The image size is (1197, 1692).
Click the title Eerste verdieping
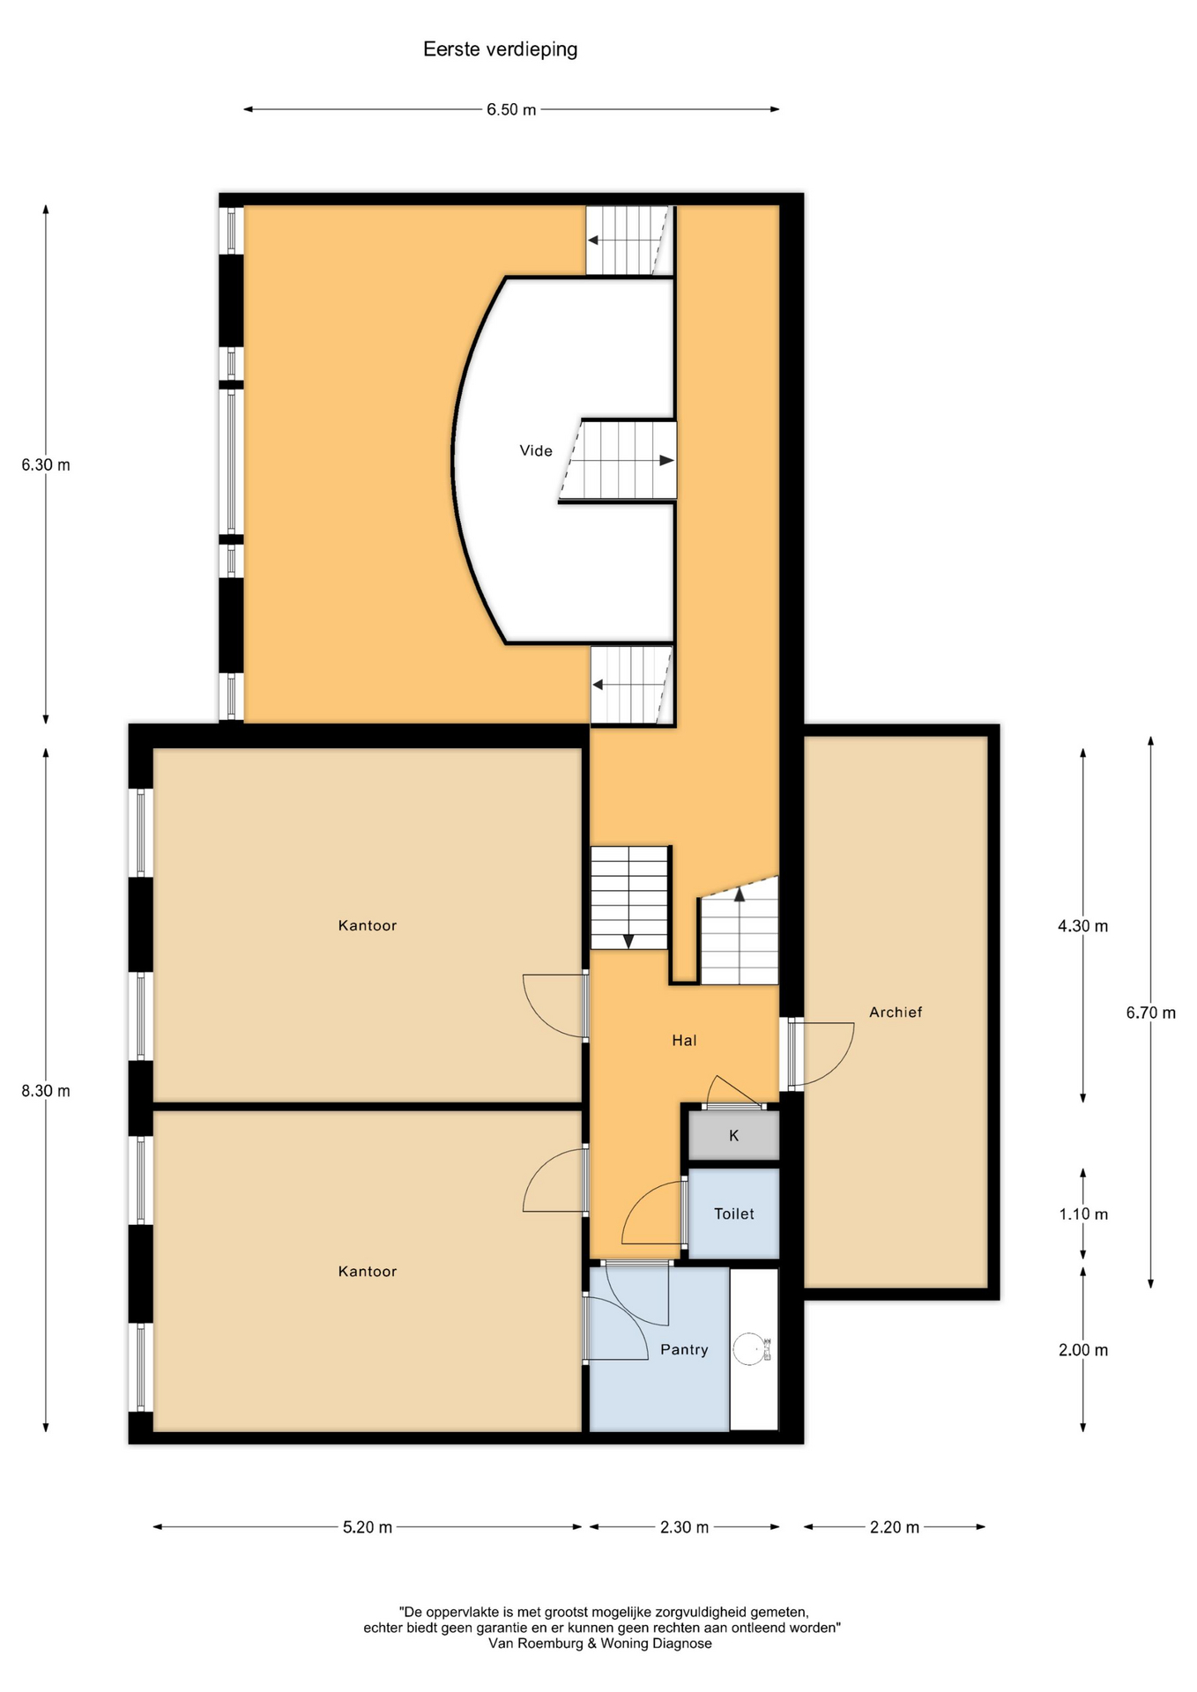click(x=500, y=49)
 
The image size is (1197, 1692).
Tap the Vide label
click(x=536, y=450)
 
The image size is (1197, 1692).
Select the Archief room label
click(x=896, y=1012)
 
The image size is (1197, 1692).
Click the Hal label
click(x=684, y=1040)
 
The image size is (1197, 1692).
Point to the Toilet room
click(x=733, y=1213)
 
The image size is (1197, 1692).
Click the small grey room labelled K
click(x=733, y=1135)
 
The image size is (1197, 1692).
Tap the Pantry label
click(x=684, y=1349)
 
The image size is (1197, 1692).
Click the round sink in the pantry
click(x=749, y=1348)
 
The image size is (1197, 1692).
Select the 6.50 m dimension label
click(x=511, y=110)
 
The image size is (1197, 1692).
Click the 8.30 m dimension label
click(x=46, y=1090)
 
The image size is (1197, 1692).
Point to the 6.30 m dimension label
click(x=46, y=464)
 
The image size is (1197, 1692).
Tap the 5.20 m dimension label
click(x=368, y=1527)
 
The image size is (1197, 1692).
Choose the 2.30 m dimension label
click(x=684, y=1527)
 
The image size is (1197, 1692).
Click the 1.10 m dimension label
click(x=1083, y=1213)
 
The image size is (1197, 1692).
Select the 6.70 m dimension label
click(x=1151, y=1013)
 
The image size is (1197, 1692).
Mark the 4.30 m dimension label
click(x=1083, y=926)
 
